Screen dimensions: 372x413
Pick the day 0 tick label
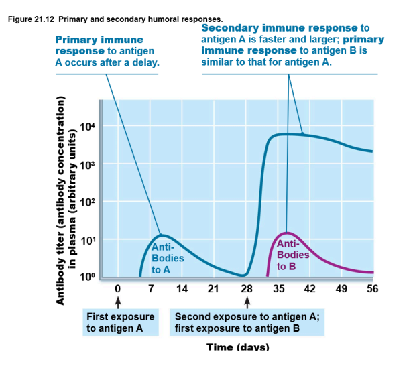117,289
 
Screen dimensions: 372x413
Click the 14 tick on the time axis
181,289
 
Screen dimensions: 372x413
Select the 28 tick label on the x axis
247,289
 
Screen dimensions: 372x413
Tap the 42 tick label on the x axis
310,289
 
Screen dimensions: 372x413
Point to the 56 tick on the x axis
373,289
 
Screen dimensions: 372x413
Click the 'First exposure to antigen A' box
121,322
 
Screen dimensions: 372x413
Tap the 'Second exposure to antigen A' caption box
247,322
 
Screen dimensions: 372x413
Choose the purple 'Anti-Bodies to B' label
293,255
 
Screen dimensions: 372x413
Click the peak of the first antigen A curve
161,235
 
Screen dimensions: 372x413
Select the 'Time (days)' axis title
238,347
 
